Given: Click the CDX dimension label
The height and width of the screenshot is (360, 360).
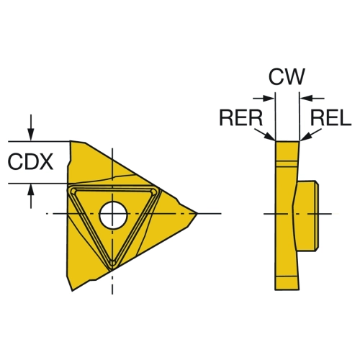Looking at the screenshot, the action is point(30,162).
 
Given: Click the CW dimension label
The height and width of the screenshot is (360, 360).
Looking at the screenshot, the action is point(287,76).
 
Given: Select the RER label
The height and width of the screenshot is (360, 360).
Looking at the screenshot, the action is point(241,117).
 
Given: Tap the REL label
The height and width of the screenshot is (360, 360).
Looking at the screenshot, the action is point(331,117).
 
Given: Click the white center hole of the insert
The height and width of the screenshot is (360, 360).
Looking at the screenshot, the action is point(113,215).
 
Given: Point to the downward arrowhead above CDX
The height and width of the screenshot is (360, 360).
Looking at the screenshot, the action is point(30,135).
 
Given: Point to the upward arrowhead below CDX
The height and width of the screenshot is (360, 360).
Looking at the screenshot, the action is point(30,190).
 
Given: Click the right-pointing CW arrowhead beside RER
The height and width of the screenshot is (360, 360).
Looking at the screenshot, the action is point(269,98).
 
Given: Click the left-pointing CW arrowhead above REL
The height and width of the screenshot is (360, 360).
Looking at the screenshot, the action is point(307,98).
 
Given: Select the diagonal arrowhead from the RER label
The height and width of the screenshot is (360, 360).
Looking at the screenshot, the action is point(270,137).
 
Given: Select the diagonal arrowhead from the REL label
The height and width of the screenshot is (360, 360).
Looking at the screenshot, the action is point(305,137).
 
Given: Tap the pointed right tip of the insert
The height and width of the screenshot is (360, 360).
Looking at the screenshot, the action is point(197,213).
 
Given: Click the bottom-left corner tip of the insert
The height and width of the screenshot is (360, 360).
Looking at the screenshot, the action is point(73,291).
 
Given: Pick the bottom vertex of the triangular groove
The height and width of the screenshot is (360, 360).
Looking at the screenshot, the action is point(112,265).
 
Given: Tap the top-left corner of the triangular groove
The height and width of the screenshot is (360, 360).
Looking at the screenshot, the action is point(73,190).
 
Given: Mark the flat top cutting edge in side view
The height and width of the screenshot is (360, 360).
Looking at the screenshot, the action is point(287,141).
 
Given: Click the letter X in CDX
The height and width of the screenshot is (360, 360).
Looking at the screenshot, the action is point(45,162).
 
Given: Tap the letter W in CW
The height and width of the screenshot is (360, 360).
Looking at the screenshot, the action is point(295,76).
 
